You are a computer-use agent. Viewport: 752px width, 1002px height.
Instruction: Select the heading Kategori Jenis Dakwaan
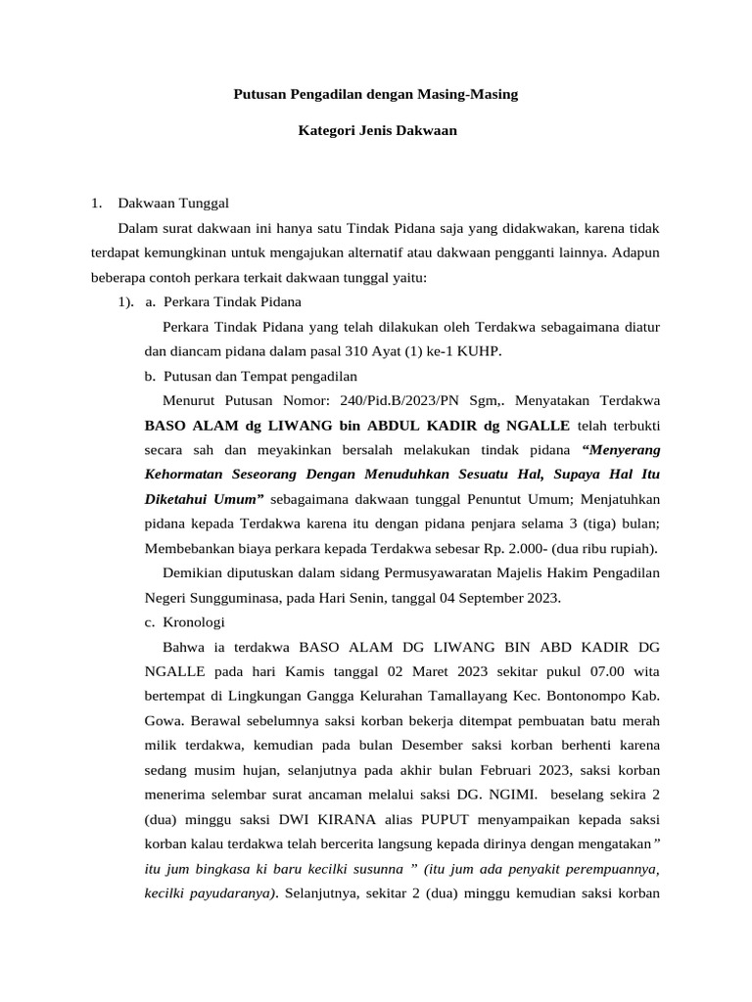377,129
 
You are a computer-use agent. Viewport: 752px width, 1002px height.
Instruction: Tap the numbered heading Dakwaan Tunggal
172,204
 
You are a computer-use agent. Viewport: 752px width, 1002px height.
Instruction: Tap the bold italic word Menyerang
621,450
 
